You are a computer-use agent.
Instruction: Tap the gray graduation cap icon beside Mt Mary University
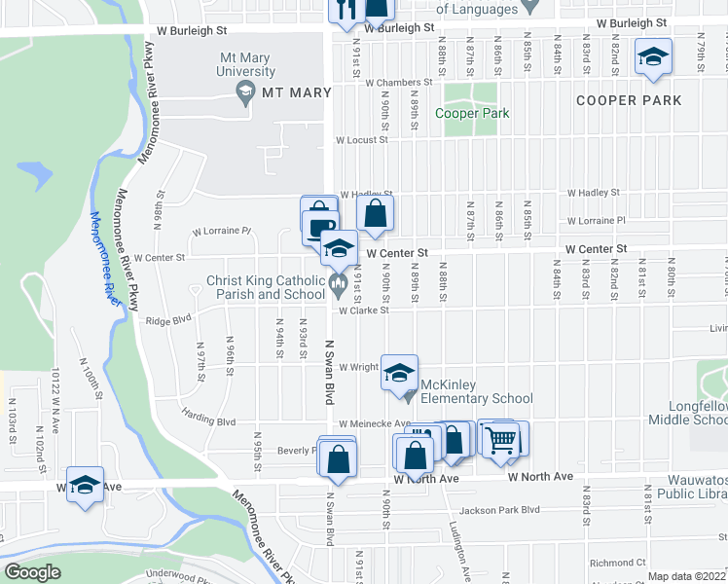point(245,92)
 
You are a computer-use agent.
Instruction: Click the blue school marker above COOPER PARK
point(653,56)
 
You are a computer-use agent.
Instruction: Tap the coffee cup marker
point(318,227)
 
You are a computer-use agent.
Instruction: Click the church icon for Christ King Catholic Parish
point(339,284)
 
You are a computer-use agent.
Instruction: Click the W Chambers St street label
point(398,83)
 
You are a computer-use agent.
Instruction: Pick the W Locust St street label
point(361,140)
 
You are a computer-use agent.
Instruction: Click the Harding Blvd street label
point(208,421)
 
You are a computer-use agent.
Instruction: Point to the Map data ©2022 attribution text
point(687,576)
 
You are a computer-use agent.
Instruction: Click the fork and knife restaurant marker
point(345,9)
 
